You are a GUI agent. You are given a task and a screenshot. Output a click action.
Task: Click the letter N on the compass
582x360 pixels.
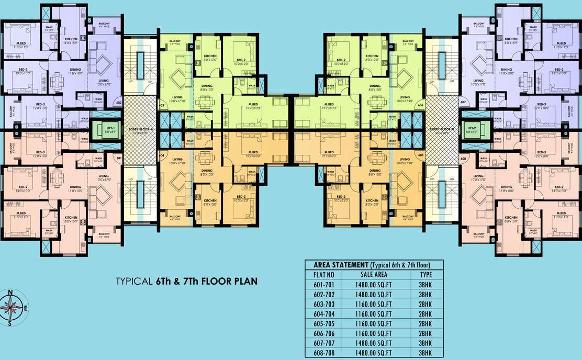(9, 292)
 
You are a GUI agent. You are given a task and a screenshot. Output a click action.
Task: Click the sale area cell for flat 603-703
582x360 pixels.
(374, 304)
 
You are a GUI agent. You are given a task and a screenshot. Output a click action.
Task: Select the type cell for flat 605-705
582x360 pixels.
(426, 323)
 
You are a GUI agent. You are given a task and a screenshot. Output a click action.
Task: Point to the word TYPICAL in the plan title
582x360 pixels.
(135, 282)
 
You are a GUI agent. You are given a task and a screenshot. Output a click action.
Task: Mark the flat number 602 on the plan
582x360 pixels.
(119, 103)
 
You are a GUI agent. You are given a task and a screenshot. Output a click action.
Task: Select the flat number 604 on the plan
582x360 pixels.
(161, 155)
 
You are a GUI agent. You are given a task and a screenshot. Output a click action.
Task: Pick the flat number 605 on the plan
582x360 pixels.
(420, 155)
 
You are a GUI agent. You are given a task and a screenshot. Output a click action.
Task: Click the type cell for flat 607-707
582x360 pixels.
(426, 343)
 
